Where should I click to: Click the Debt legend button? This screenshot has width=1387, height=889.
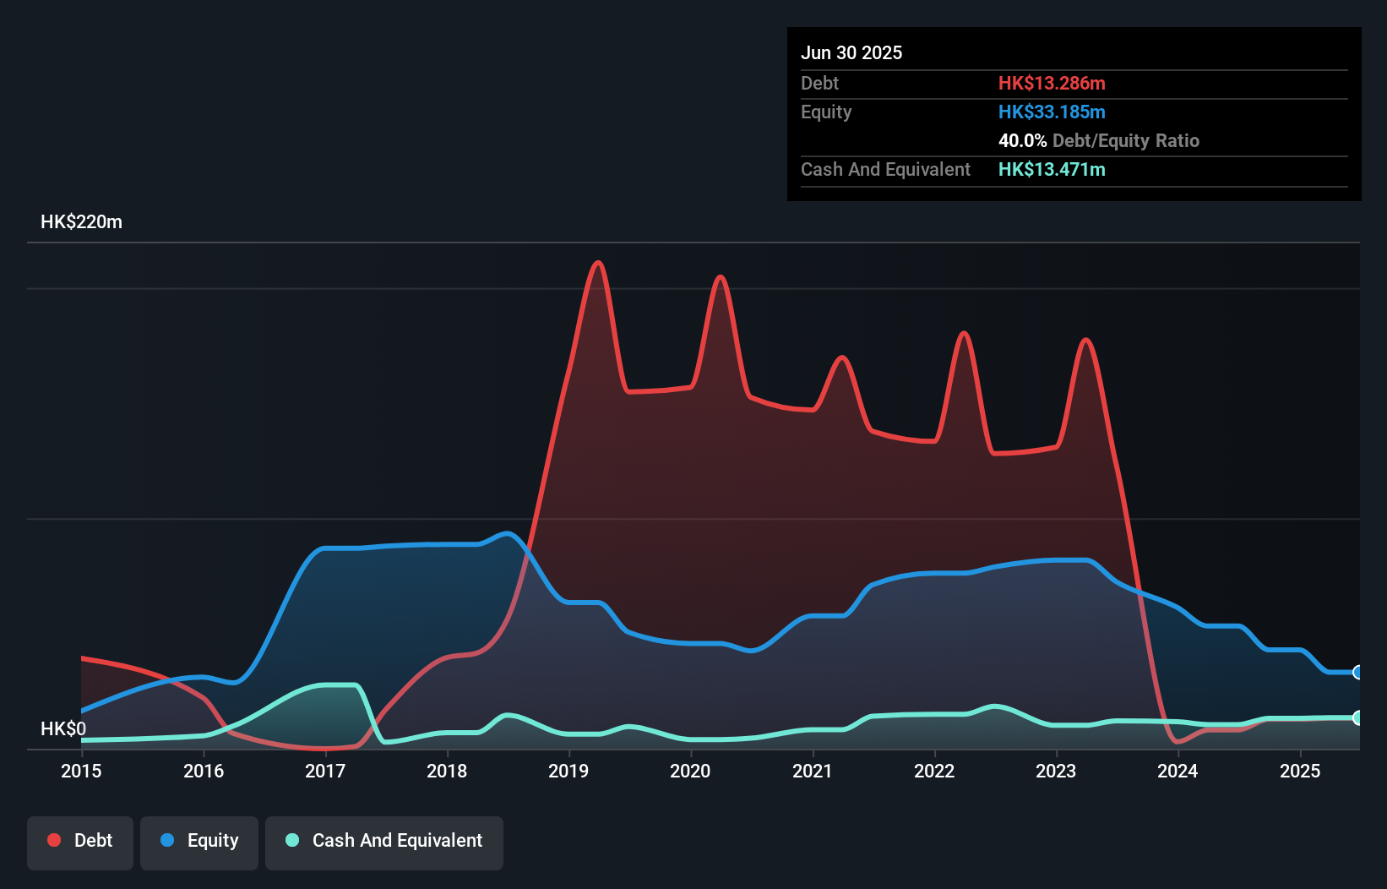[x=80, y=841]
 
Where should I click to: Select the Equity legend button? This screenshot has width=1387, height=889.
[x=199, y=841]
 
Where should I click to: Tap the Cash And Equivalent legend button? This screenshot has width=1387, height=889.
[x=384, y=841]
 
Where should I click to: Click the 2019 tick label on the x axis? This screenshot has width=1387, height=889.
[x=568, y=771]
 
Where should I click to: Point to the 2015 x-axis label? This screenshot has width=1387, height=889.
[x=81, y=771]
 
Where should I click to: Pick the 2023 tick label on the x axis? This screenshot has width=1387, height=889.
[x=1056, y=771]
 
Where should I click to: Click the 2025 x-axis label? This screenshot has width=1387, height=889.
[x=1300, y=771]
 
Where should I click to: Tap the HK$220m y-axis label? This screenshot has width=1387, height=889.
[x=82, y=222]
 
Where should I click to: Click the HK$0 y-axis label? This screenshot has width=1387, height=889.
[x=63, y=728]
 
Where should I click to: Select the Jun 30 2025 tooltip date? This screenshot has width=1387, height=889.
[x=851, y=52]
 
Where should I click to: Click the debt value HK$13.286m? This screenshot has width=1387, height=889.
[x=1052, y=83]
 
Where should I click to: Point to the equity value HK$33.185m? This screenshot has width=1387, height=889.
[x=1052, y=112]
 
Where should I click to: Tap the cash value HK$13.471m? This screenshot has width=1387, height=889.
[x=1052, y=169]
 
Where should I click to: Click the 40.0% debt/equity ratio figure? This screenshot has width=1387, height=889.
[x=1022, y=140]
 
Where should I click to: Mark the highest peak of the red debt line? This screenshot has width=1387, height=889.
[x=599, y=262]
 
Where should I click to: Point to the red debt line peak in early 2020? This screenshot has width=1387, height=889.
[x=720, y=276]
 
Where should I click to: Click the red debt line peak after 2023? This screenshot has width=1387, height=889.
[x=1086, y=340]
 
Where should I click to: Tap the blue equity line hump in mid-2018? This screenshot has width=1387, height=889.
[x=507, y=532]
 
